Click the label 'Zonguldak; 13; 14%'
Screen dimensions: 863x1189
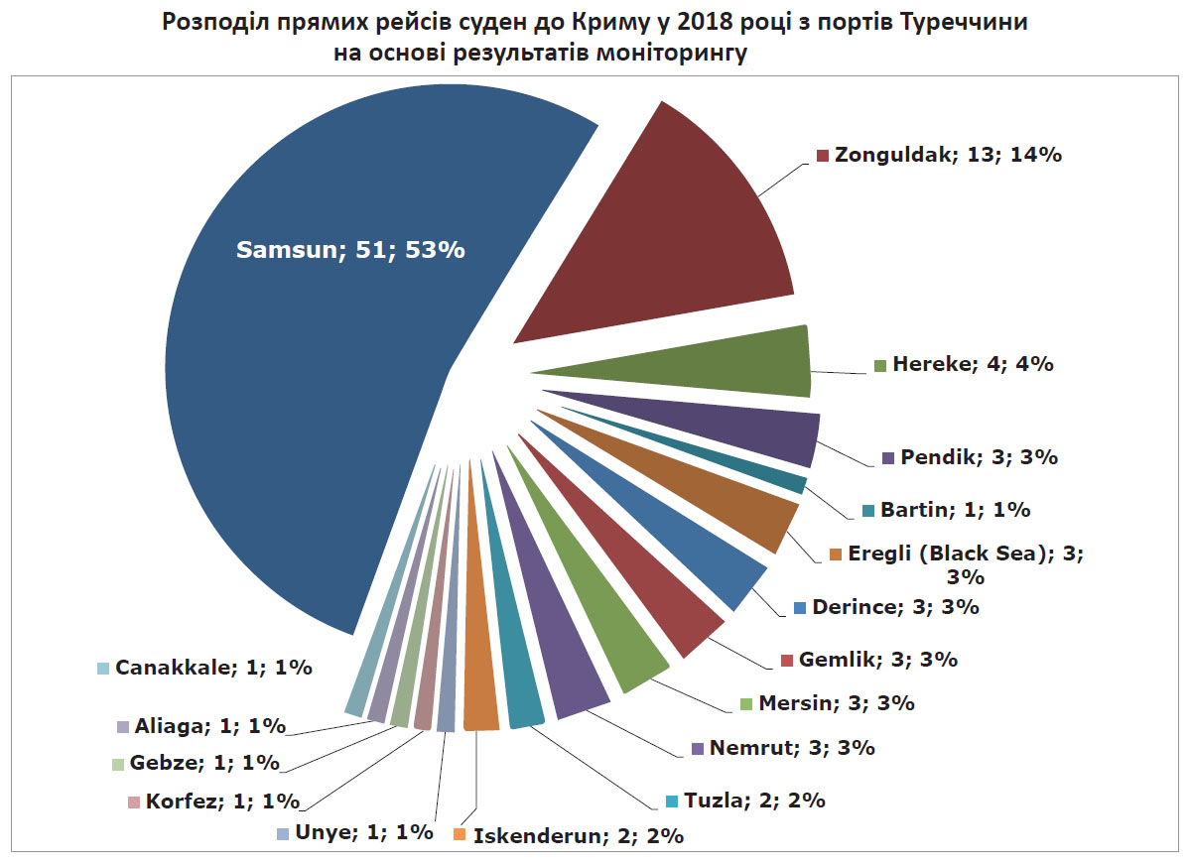[x=948, y=156]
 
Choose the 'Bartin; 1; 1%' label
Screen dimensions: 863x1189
[x=953, y=510]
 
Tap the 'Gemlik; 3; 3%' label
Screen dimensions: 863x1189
[x=877, y=659]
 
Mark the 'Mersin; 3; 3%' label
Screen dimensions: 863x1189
[x=836, y=703]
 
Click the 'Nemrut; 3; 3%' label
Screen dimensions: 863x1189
[x=791, y=748]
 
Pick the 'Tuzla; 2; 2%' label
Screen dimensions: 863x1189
[x=753, y=800]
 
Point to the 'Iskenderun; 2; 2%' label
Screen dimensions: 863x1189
[x=578, y=835]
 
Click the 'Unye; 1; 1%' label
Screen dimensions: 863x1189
[x=362, y=832]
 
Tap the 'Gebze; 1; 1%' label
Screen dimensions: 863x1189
[x=204, y=763]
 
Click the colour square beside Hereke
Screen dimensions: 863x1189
[x=879, y=365]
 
